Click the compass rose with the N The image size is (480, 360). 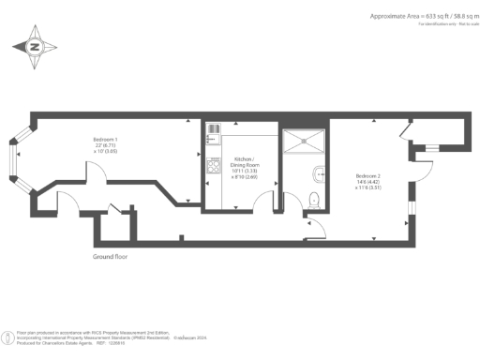tap(35, 45)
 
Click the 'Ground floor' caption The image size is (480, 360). tap(111, 256)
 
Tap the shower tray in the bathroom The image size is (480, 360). tap(305, 142)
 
